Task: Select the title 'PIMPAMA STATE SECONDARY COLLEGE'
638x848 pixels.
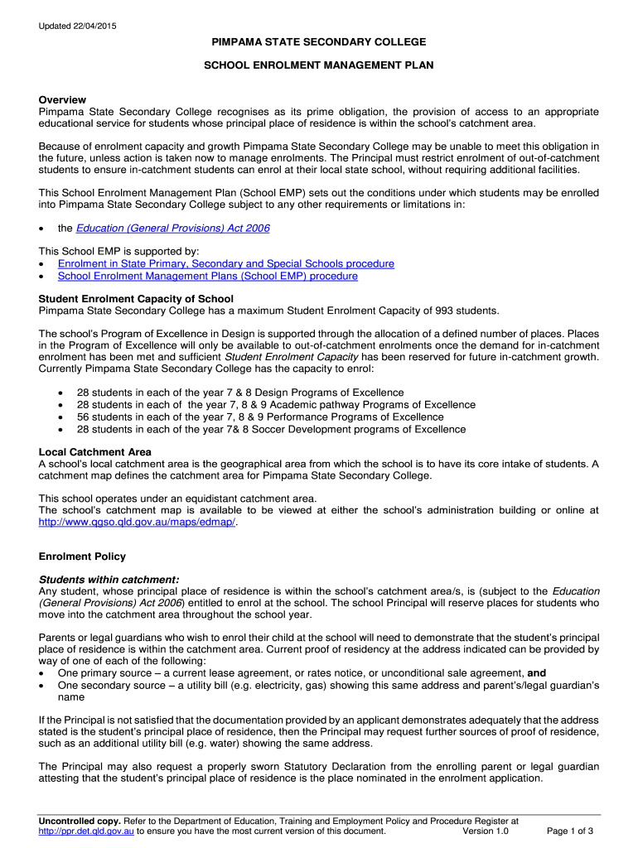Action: click(319, 41)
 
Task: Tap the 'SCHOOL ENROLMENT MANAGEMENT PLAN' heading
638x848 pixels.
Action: click(319, 65)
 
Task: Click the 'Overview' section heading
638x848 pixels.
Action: click(62, 99)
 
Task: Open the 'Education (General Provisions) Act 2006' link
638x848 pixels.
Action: click(172, 228)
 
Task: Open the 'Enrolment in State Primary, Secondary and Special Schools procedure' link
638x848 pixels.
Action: click(225, 263)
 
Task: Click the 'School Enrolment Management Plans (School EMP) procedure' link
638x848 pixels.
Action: click(207, 276)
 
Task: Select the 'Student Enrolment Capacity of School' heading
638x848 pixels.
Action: click(136, 298)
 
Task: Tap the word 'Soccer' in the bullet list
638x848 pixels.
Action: click(294, 429)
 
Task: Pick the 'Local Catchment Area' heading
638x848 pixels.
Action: click(94, 452)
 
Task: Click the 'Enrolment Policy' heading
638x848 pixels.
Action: click(82, 556)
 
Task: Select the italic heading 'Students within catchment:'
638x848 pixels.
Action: click(109, 579)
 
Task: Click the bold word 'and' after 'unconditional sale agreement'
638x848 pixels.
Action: click(537, 673)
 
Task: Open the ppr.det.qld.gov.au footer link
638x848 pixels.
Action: click(86, 831)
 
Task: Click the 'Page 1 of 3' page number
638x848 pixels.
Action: click(570, 831)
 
